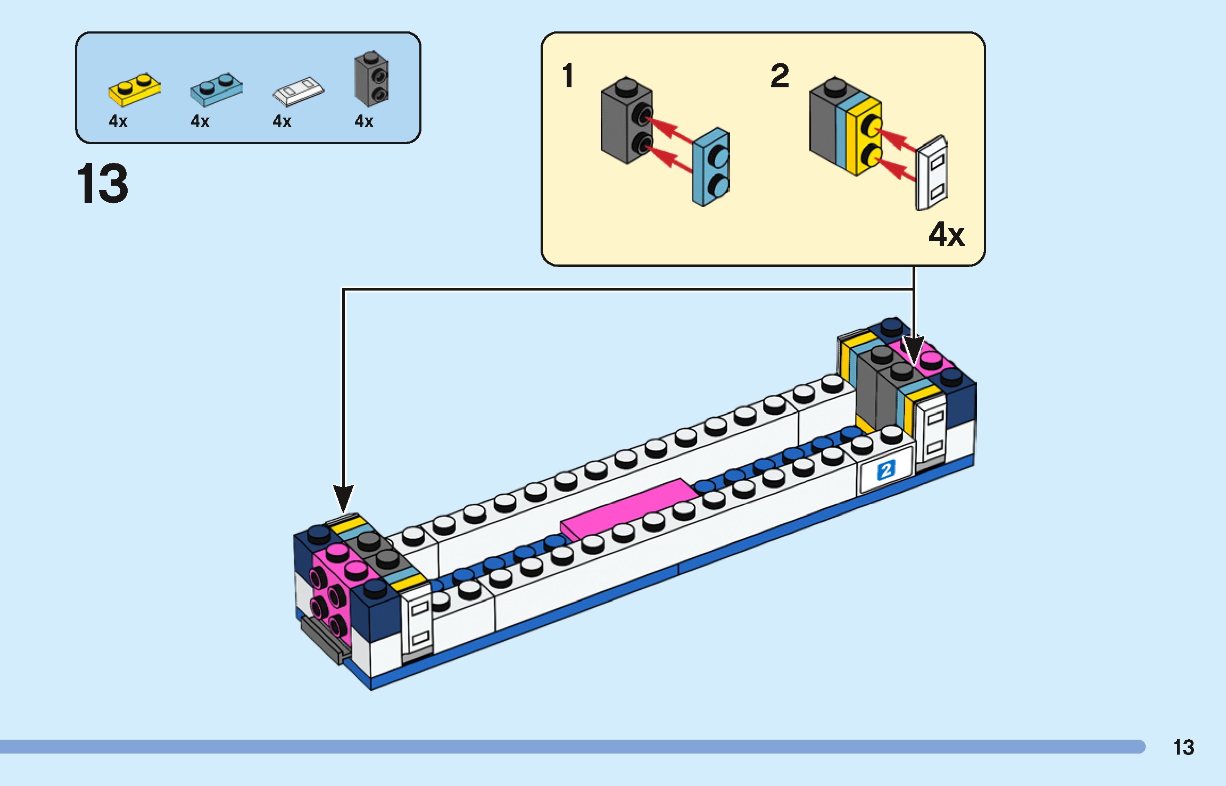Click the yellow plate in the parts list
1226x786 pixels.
pos(134,90)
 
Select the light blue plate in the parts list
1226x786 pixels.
pos(216,90)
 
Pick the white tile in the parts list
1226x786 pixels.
pos(298,91)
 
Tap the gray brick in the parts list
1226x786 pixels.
pos(371,79)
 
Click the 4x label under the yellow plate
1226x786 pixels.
pos(118,121)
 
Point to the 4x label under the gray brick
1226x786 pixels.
pos(364,121)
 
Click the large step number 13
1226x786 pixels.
pos(103,184)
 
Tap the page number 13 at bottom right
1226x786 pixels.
pos(1183,748)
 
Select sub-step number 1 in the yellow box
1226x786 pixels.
pos(568,76)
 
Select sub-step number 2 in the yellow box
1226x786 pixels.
pos(780,76)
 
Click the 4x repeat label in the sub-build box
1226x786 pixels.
pos(946,234)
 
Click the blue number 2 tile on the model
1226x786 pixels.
pos(885,470)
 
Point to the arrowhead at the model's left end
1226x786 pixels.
pos(344,498)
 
